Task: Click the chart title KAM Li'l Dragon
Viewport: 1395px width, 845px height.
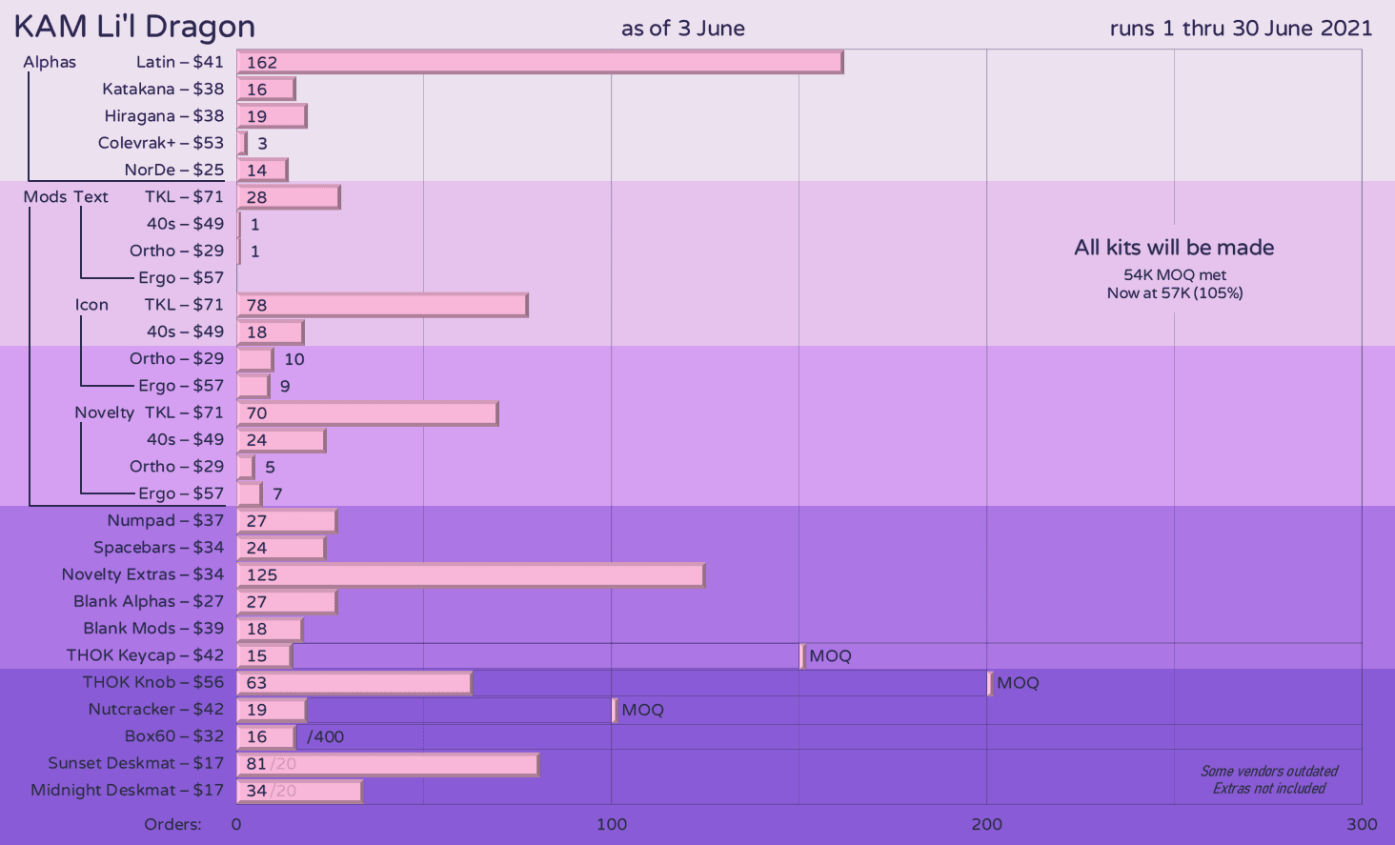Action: coord(134,27)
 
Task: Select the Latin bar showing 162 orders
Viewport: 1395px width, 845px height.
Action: coord(539,62)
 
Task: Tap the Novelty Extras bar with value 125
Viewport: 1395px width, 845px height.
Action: coord(471,574)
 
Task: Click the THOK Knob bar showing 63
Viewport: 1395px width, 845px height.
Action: coord(354,682)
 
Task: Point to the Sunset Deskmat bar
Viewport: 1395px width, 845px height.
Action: coord(387,764)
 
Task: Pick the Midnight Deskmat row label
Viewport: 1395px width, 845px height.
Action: coord(127,790)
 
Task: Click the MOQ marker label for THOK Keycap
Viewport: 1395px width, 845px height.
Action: coord(830,655)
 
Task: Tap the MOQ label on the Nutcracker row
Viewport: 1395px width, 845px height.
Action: coord(642,710)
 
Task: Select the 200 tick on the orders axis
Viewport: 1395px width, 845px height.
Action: coord(986,824)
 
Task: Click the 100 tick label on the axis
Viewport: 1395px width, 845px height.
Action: coord(612,824)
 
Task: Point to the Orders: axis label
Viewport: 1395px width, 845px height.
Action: coord(172,824)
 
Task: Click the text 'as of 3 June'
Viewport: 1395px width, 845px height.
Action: coord(682,29)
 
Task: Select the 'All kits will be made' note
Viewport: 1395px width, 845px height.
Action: coord(1174,248)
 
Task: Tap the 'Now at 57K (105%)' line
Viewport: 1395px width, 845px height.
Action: coord(1174,293)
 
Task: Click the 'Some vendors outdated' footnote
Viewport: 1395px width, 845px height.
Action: coord(1269,772)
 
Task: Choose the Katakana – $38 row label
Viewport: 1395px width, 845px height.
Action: coord(163,89)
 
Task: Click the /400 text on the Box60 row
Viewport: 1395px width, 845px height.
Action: coord(325,736)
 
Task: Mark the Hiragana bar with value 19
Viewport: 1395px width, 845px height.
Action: coord(272,116)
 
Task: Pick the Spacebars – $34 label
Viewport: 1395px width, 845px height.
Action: coord(158,547)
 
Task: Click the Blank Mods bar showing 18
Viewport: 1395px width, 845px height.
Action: coord(270,629)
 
